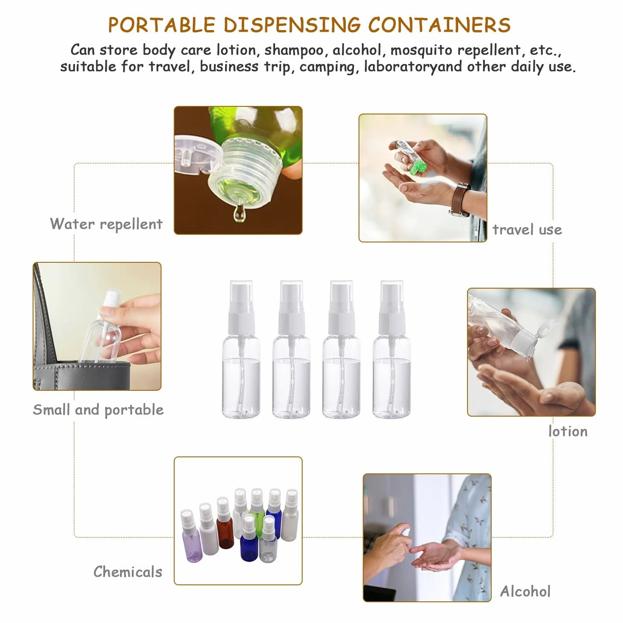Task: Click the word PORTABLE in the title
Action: [161, 25]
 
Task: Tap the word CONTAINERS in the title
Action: [439, 25]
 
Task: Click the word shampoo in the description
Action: [294, 50]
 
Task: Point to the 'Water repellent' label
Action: [106, 224]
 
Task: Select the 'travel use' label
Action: [527, 230]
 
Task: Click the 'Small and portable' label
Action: [98, 410]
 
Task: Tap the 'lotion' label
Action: [568, 431]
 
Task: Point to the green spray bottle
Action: [257, 506]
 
